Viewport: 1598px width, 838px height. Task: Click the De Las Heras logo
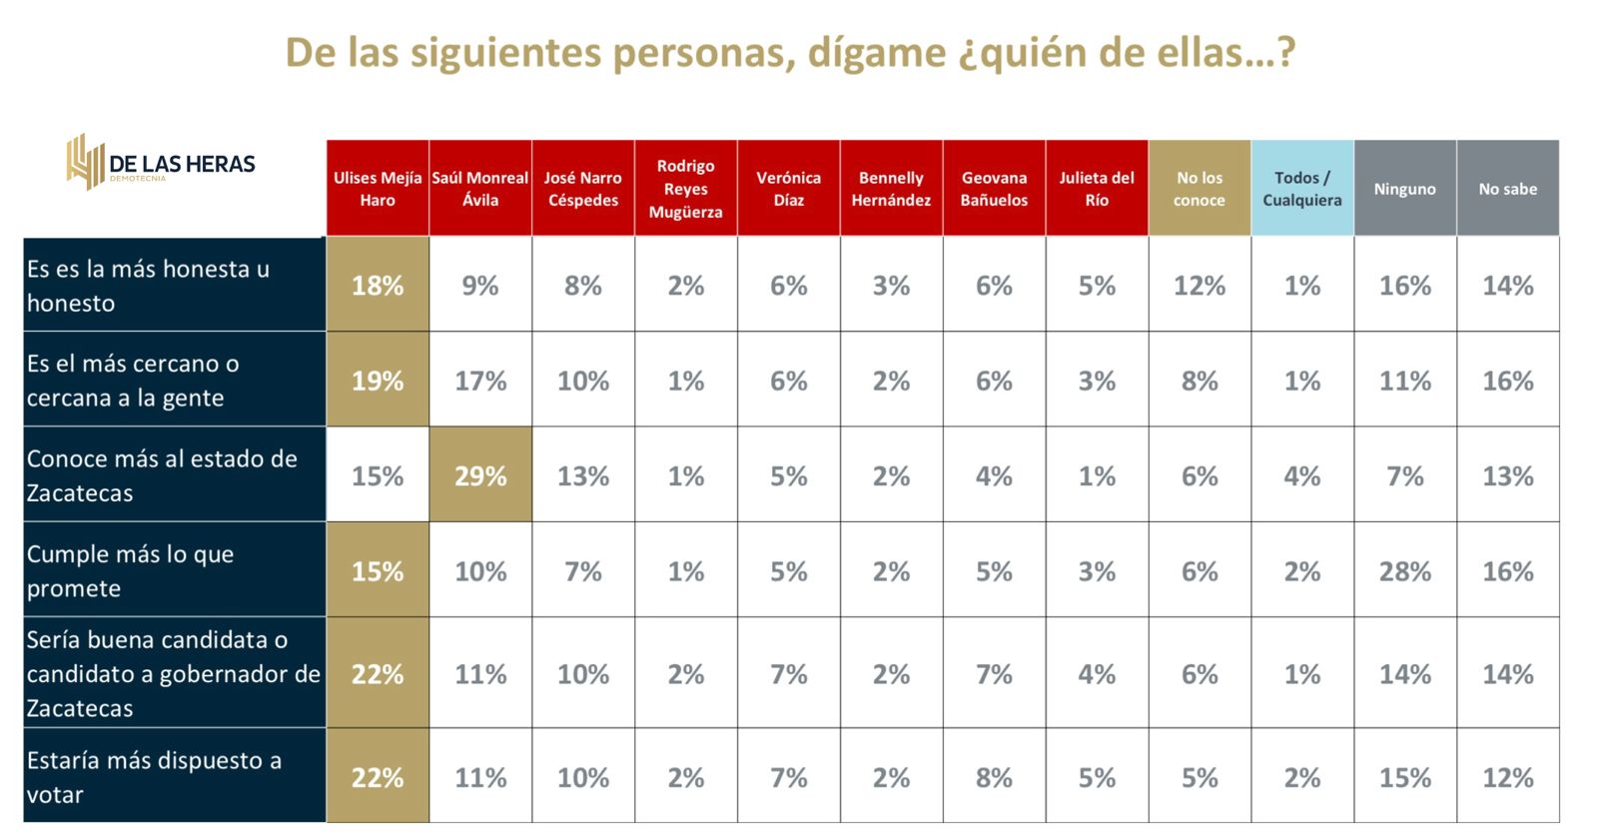pos(161,163)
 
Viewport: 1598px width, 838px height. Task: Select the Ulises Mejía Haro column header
pos(378,189)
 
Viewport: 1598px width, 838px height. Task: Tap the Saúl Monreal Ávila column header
pos(480,189)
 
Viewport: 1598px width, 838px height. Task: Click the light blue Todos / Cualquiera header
pos(1301,189)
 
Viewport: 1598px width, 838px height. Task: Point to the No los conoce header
pos(1198,189)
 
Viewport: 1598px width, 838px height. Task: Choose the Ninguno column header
pos(1404,189)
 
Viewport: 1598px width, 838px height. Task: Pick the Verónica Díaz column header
pos(788,189)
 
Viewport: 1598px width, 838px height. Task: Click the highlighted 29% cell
pos(480,475)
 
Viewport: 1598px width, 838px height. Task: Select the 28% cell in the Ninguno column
pos(1404,571)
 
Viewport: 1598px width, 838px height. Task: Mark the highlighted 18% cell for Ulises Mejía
pos(378,286)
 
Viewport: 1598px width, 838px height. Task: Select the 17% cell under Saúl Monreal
pos(480,381)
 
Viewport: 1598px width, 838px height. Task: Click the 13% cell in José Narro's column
pos(583,475)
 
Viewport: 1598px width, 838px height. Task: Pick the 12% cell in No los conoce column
pos(1198,286)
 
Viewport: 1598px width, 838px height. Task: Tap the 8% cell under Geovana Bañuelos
pos(994,777)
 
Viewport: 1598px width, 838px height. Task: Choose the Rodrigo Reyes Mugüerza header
pos(685,189)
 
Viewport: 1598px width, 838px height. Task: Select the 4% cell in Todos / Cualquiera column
pos(1301,475)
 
